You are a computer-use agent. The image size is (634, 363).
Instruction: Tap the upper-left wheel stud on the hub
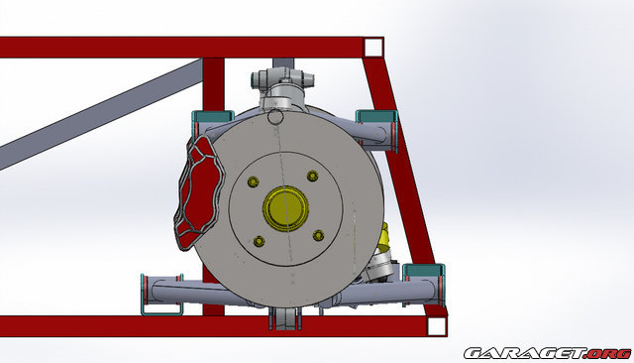(x=253, y=181)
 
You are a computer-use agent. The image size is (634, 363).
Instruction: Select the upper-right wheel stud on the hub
(x=313, y=176)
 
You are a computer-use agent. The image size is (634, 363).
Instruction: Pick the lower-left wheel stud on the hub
(x=259, y=240)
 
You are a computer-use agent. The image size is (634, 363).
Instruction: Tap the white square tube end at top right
(x=372, y=47)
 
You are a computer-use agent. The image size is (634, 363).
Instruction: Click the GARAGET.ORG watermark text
(x=546, y=352)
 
